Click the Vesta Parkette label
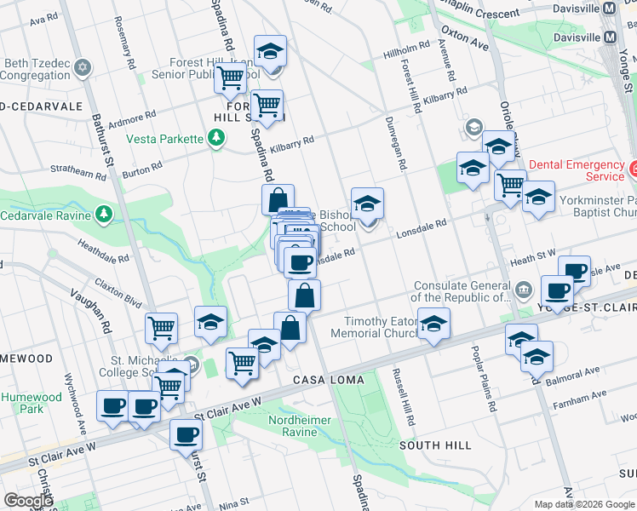pos(164,139)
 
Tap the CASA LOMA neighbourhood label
pos(328,379)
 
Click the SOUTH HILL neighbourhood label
pos(435,445)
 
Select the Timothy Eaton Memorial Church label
pos(381,328)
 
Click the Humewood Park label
pos(32,403)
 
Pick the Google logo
pos(28,500)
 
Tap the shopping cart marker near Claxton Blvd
pos(161,327)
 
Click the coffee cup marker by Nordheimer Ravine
pos(186,435)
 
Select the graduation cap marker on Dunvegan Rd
pos(367,204)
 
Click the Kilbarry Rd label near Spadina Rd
pos(292,145)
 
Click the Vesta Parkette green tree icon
pos(217,137)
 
